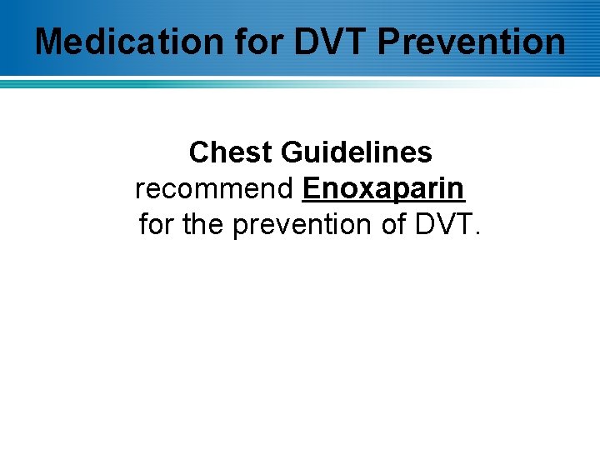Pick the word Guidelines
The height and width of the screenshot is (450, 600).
click(357, 152)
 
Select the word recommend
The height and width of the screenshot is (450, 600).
click(214, 188)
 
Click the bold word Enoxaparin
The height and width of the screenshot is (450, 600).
click(383, 188)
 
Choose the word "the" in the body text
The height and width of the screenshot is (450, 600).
click(203, 224)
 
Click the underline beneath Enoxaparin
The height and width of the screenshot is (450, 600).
click(383, 202)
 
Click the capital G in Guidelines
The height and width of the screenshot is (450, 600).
click(292, 152)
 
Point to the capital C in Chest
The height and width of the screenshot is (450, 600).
click(199, 152)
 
